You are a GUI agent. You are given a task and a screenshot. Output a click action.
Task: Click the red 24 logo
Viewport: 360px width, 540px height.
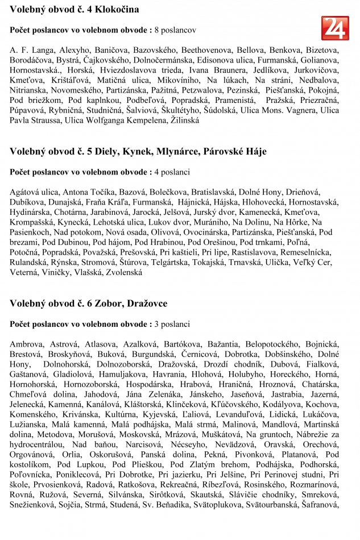[x=335, y=28]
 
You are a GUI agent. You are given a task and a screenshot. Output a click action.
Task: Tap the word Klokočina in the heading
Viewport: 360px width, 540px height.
[x=116, y=10]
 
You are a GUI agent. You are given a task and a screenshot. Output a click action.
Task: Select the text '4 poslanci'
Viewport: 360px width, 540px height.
[x=172, y=172]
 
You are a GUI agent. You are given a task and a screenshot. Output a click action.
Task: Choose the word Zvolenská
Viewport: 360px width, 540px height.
[x=122, y=272]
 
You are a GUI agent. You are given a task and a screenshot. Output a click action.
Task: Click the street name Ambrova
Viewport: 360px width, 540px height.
[x=26, y=344]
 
